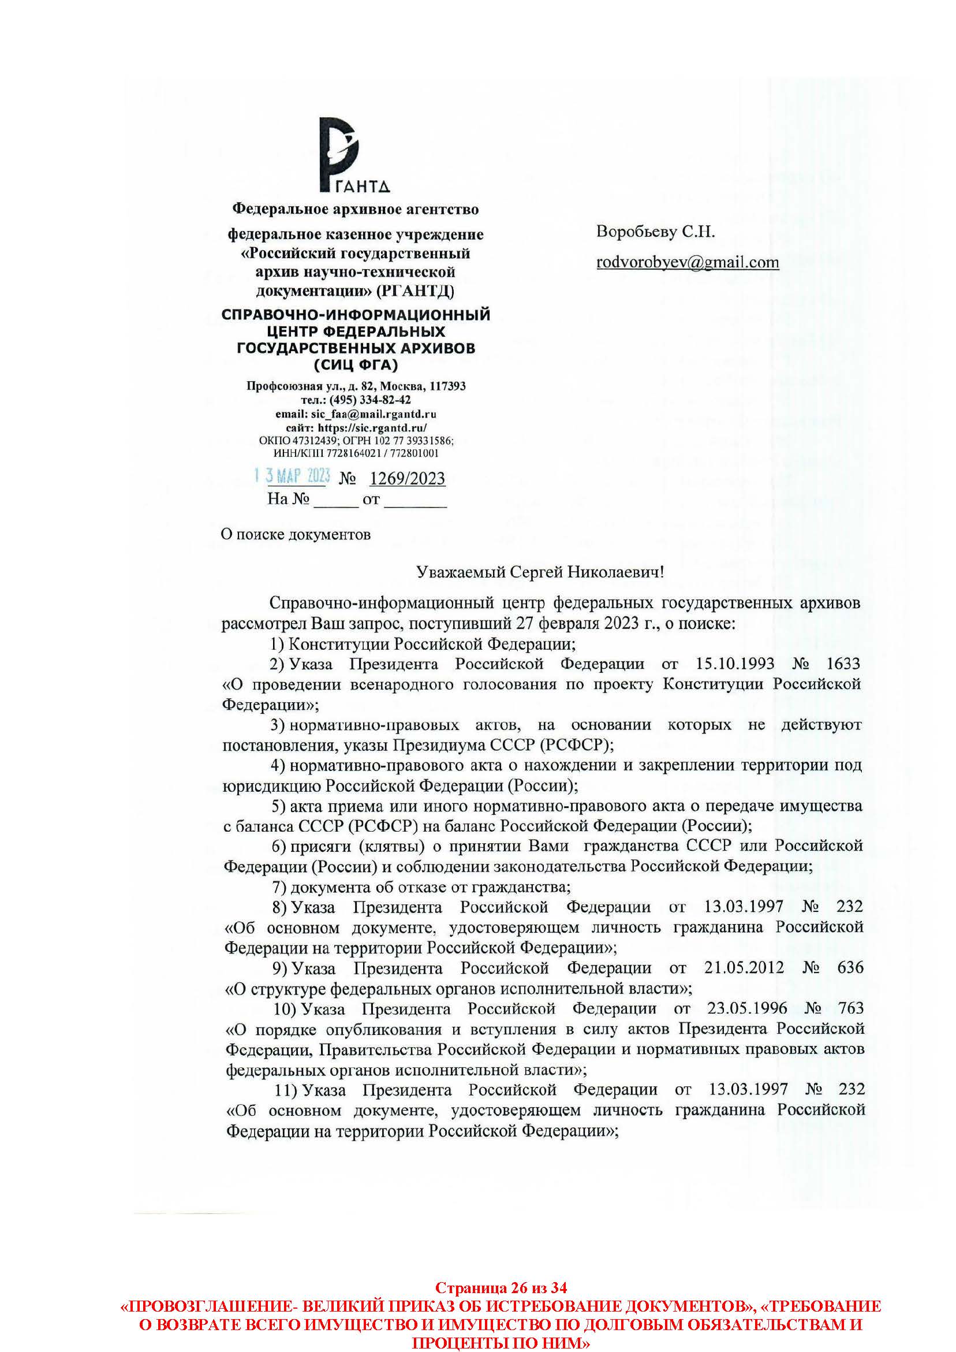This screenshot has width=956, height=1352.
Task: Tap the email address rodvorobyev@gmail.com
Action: point(687,262)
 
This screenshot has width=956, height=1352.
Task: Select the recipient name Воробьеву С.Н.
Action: point(655,232)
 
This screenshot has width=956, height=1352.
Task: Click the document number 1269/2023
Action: point(407,478)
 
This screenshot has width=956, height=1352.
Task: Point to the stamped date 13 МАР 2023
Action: point(292,476)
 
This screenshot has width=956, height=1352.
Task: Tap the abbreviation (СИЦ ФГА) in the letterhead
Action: point(356,365)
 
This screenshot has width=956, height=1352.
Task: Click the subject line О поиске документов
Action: point(296,534)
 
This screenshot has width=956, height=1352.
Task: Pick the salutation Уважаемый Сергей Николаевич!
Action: point(540,572)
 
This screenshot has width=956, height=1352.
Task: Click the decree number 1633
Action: point(843,664)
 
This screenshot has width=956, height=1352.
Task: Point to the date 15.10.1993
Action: point(735,664)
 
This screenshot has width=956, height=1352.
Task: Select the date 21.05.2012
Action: point(744,967)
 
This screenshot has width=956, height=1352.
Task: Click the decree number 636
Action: point(850,967)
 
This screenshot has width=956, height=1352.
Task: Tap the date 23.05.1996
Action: point(746,1008)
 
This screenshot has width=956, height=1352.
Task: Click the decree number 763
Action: point(850,1008)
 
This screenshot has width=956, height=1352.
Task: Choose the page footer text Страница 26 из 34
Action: point(501,1287)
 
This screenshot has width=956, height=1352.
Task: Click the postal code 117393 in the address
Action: point(447,386)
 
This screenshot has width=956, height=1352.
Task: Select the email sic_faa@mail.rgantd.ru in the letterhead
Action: point(373,414)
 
